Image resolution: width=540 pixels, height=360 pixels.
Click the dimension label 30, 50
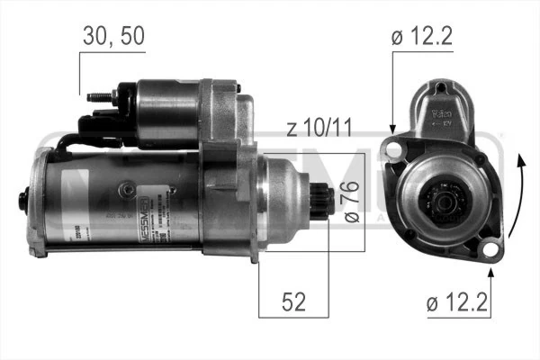(112, 37)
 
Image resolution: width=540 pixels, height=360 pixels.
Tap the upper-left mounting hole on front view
(393, 147)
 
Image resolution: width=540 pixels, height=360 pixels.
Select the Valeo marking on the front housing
(442, 114)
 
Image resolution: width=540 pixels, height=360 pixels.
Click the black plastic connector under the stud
(100, 126)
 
